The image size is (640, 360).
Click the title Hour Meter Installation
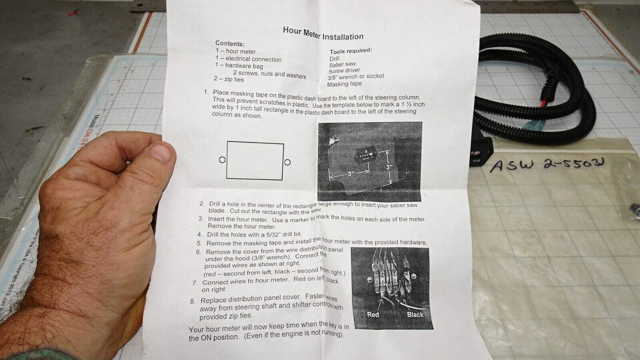(x=323, y=33)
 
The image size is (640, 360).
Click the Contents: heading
(x=230, y=43)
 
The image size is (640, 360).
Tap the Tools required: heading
(x=350, y=51)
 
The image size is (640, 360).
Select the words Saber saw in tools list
(x=342, y=64)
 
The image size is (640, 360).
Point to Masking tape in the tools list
(x=344, y=84)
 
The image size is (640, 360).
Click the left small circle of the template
(x=222, y=160)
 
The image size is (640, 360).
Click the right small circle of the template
(x=287, y=162)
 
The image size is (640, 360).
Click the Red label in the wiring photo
(x=373, y=314)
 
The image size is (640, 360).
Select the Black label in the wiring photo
(x=415, y=314)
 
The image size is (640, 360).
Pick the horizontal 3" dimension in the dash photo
(x=351, y=174)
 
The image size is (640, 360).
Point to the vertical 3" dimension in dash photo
(x=390, y=167)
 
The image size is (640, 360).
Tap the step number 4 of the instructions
(x=200, y=234)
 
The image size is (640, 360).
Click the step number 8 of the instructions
(x=193, y=301)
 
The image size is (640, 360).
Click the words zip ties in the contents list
(x=234, y=79)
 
